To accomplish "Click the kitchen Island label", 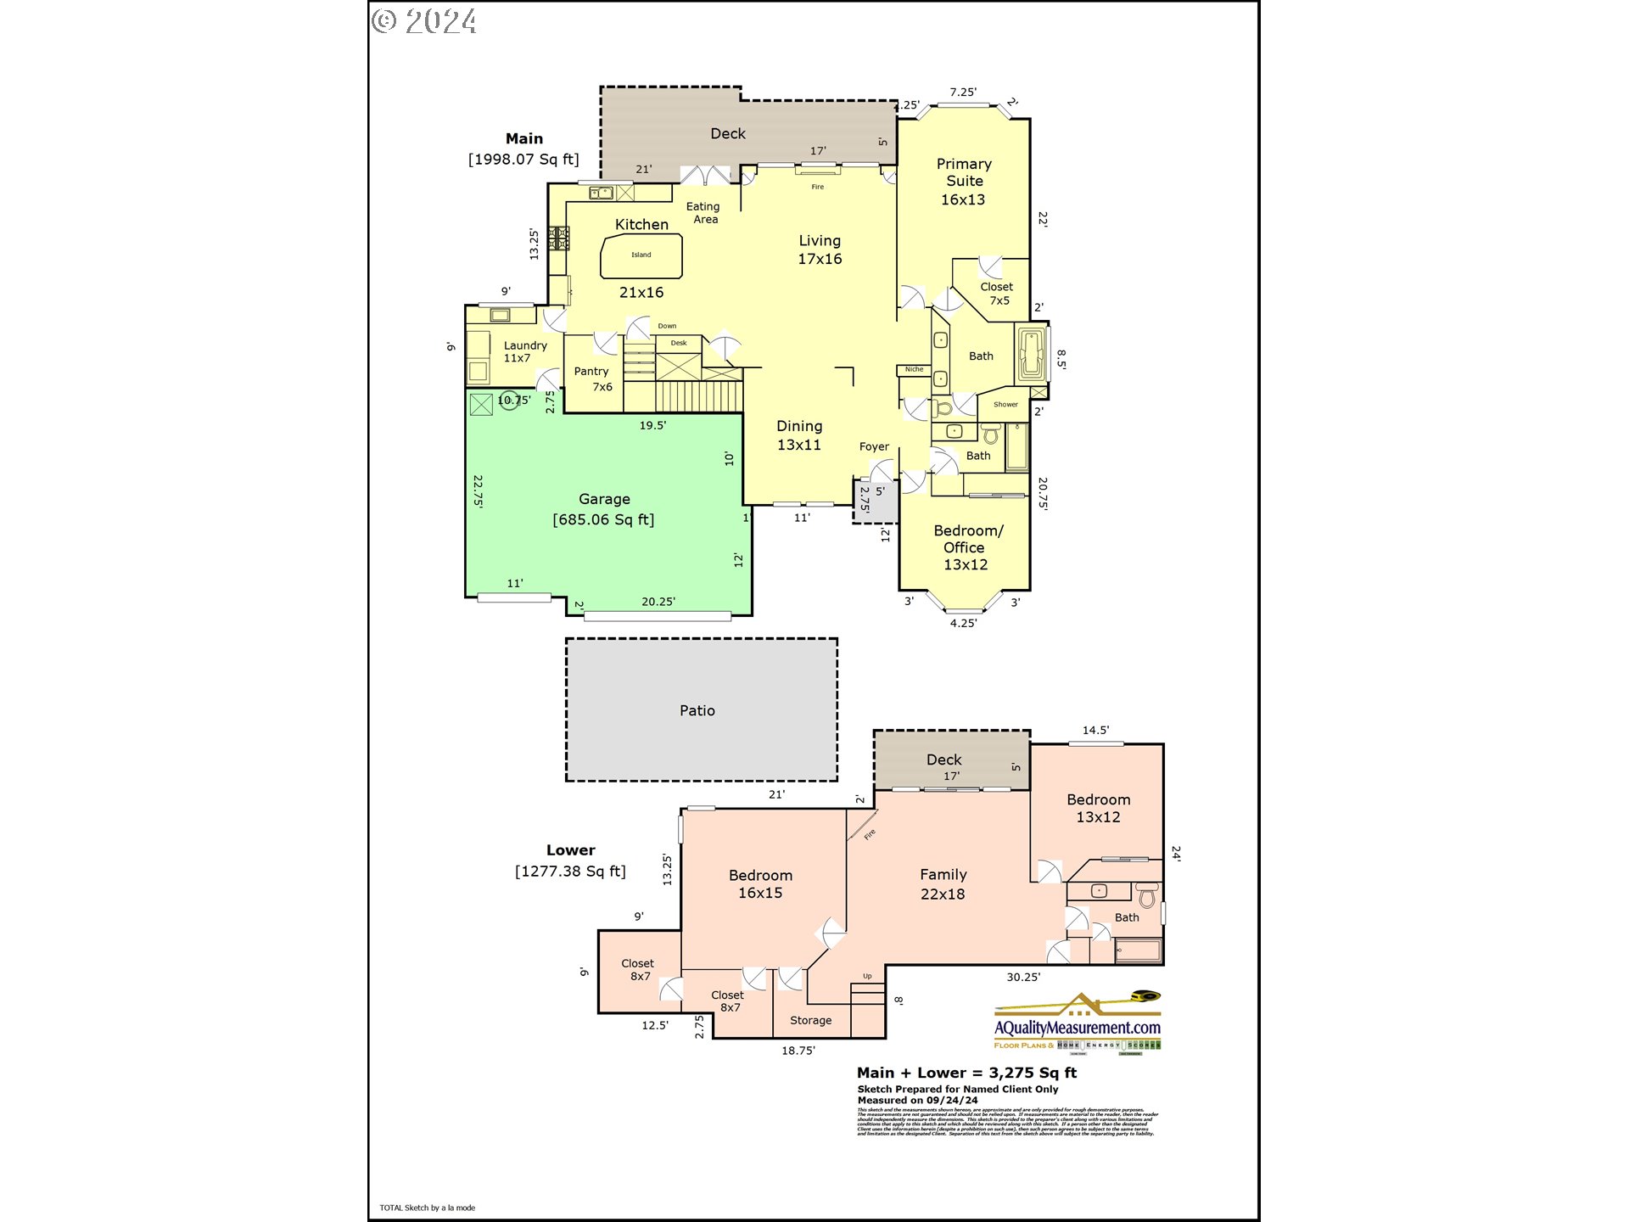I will (641, 255).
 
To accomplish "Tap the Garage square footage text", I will (603, 519).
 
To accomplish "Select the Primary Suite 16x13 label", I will (963, 182).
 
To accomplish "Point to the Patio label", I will (697, 710).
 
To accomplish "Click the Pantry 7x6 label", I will (592, 378).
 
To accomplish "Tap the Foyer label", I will (873, 446).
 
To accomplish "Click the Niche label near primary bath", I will (914, 369).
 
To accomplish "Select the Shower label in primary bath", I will (1005, 404).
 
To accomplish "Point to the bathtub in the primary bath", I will (1031, 353).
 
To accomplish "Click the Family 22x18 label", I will (943, 883).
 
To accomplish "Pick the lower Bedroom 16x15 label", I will (760, 883).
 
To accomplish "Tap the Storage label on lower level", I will (810, 1020).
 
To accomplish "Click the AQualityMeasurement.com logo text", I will (1077, 1028).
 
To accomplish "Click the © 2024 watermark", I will (424, 20).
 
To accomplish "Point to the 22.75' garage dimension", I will (479, 490).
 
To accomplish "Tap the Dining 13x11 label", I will (799, 434).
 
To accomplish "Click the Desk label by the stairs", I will (679, 343).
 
